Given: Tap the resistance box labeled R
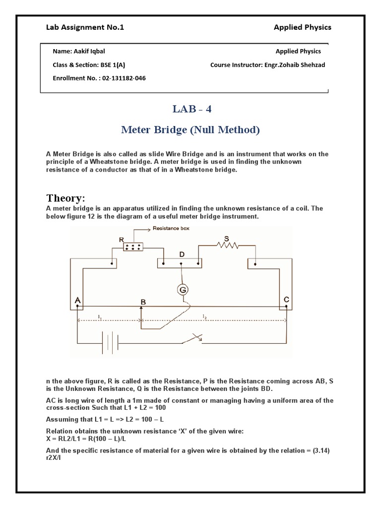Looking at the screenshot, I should [133, 247].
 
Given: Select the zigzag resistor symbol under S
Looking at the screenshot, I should [227, 245].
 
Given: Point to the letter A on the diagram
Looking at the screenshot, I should [77, 301].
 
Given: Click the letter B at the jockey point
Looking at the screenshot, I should [143, 302].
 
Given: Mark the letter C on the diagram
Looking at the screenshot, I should [286, 299].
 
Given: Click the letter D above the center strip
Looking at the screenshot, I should [182, 254].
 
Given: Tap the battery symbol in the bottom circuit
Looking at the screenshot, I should [109, 343].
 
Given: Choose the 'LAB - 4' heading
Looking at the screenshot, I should [190, 109].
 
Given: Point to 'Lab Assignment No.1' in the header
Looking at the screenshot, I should [85, 27].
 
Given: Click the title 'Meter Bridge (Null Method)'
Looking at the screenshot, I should [190, 130].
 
